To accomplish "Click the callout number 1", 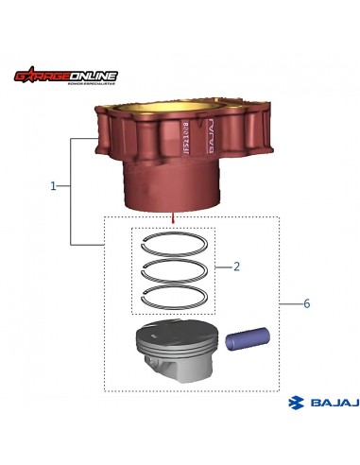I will point(53,186).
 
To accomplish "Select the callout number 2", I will point(236,267).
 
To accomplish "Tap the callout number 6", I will point(306,304).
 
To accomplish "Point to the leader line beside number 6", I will point(289,304).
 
